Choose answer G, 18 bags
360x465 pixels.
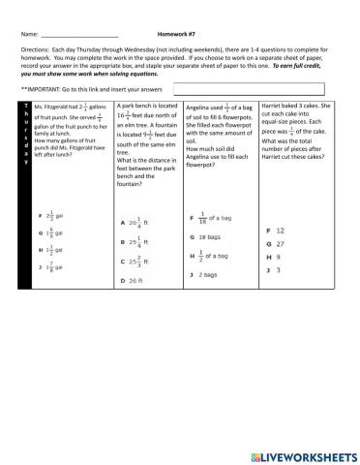coord(206,236)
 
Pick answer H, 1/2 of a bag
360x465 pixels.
coord(212,256)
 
